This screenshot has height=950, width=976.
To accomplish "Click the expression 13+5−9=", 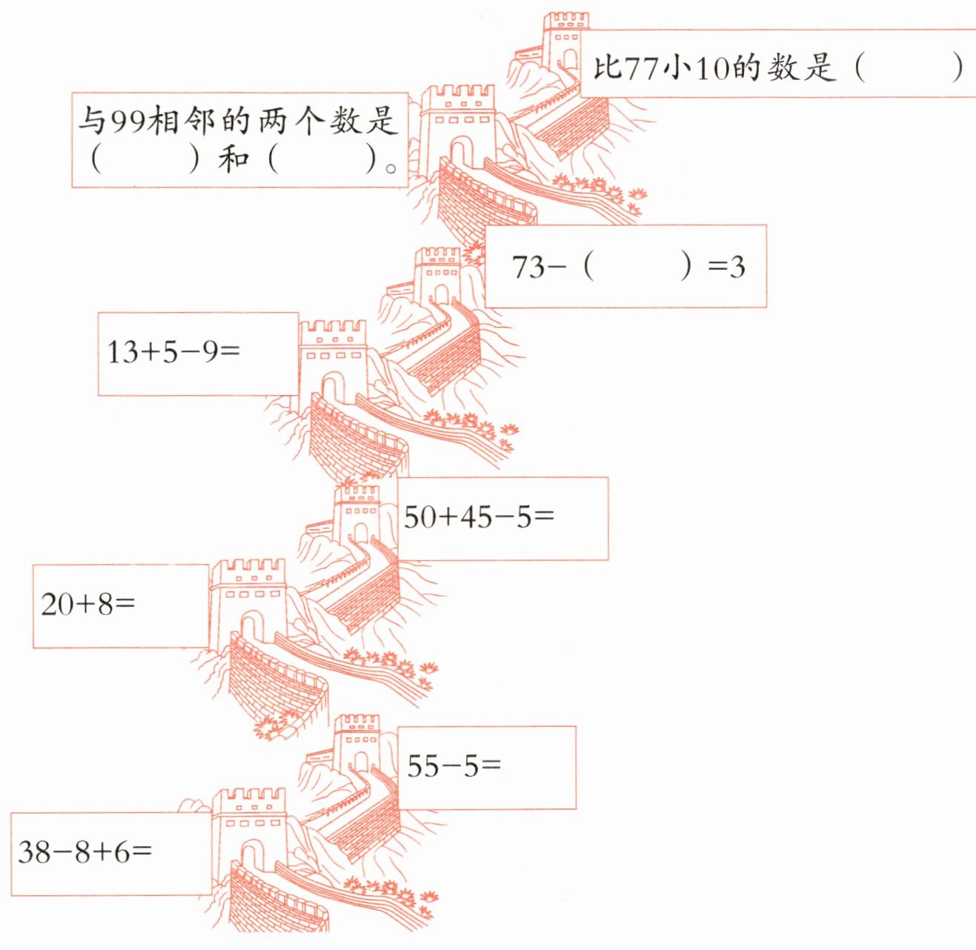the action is coord(174,351).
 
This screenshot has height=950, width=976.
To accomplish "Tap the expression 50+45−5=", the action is coord(479,516).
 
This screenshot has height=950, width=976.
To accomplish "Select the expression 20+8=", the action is coord(88,605).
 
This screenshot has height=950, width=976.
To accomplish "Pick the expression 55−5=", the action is coord(454,765).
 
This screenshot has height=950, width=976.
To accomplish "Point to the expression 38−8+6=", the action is coord(84,852).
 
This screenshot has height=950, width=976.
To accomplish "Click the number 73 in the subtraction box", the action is coord(528,267).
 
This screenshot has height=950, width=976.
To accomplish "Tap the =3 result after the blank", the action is coord(726,266).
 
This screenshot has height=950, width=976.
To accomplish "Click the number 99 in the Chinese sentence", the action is coord(127,121).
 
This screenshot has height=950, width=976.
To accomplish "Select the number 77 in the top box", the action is coord(641,68).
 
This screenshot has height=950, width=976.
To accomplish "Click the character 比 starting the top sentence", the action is coord(607,67).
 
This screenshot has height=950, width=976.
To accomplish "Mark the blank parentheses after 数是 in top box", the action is coord(909,67).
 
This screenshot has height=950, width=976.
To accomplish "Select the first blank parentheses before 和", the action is coord(145,159).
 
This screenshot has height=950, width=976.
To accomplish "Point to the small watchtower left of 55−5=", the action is coord(356,745).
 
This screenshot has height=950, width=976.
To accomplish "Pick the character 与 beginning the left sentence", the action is coord(91,121).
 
